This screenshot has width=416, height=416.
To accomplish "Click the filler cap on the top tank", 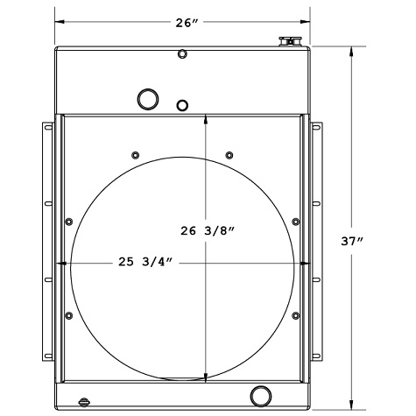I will tap(289, 41).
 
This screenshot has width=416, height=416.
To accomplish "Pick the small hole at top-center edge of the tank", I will tap(182, 55).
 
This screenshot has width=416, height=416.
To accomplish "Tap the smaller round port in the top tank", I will tap(183, 106).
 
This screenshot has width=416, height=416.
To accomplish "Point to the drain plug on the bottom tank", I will tap(84, 402).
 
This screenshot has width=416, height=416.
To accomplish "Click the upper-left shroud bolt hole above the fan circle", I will tap(135, 156).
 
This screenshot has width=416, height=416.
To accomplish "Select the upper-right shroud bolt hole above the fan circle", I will tap(229, 156).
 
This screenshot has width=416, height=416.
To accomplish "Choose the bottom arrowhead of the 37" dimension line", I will tap(354, 405).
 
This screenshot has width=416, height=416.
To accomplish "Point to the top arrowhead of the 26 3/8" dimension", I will tap(205, 120).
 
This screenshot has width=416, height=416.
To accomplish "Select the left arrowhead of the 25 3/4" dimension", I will tap(62, 263).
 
